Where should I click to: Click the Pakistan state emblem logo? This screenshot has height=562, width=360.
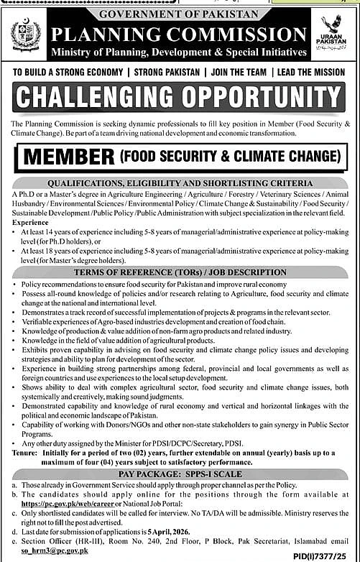tap(27, 37)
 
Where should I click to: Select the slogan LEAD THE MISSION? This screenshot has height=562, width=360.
tap(308, 73)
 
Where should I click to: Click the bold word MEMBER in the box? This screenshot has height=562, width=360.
tap(70, 156)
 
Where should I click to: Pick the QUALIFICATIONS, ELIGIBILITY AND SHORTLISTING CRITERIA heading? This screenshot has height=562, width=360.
tap(180, 183)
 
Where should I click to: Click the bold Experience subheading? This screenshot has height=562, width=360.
tap(30, 223)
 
